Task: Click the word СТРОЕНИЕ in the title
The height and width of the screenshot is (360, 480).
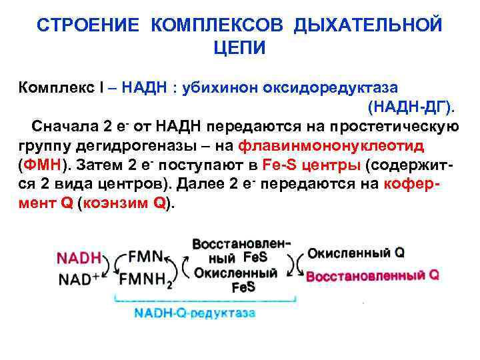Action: [x=89, y=25]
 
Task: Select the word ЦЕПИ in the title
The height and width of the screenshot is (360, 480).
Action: [x=239, y=48]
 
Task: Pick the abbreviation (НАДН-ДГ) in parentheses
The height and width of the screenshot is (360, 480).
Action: [x=411, y=107]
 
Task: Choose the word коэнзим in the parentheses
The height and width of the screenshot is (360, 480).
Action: [x=116, y=203]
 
